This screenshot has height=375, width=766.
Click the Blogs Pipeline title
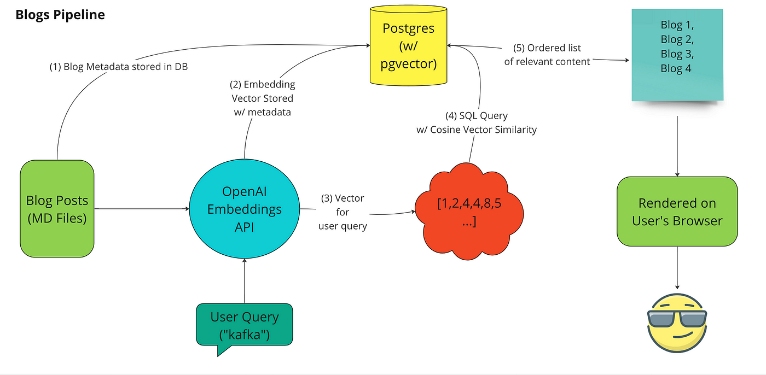(60, 15)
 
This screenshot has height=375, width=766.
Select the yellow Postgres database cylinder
(408, 45)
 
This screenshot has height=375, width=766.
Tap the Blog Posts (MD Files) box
(57, 209)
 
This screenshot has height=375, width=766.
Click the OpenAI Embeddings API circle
(245, 209)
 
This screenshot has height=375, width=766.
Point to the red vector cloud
(469, 212)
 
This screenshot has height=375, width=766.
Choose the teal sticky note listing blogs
(677, 55)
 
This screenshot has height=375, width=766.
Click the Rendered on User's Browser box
(677, 212)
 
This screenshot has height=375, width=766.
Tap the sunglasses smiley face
(677, 323)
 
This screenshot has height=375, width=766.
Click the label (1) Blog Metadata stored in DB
(119, 67)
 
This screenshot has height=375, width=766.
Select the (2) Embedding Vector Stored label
(262, 98)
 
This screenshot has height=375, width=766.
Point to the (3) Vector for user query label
(343, 212)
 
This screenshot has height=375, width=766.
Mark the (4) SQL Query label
(477, 122)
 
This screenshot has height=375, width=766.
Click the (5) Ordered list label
(547, 55)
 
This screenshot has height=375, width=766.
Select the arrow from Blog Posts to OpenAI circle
(142, 209)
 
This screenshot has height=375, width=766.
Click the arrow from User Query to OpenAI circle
(245, 281)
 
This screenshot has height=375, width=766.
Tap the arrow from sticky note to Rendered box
(677, 146)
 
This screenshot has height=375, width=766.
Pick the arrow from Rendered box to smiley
(677, 268)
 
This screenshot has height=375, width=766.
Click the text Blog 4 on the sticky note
(676, 69)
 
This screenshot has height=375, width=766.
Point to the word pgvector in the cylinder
(409, 64)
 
